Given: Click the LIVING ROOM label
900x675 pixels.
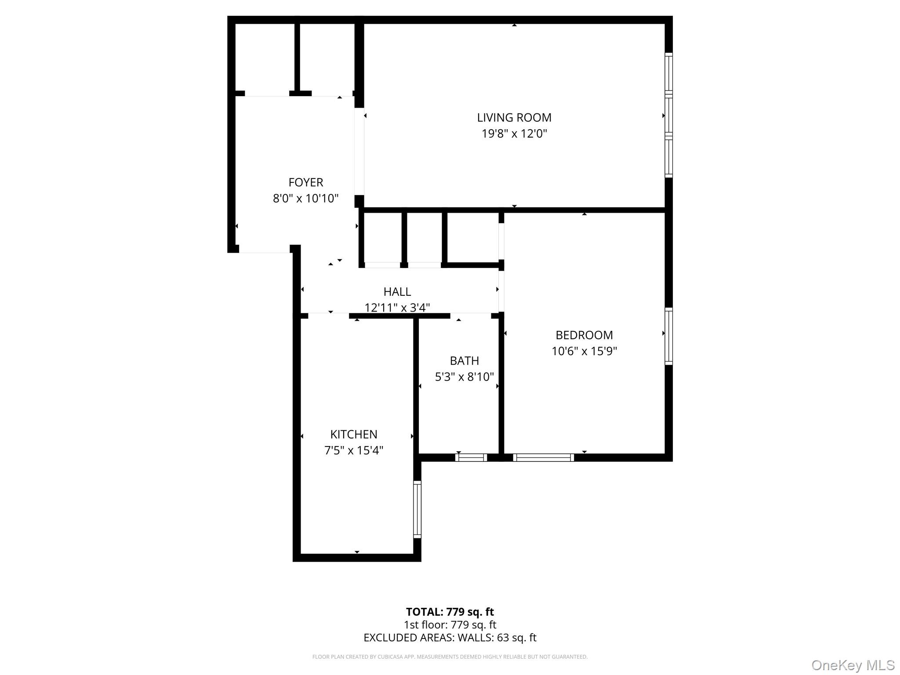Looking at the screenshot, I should (x=514, y=118).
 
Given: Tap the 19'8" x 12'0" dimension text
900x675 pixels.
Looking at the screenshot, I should (x=514, y=134).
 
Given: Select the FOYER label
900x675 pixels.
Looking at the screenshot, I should (x=306, y=182).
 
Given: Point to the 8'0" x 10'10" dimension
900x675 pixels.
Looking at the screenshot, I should (x=306, y=199).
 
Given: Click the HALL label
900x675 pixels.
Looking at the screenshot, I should (x=397, y=292).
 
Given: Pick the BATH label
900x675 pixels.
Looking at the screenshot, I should (x=465, y=361).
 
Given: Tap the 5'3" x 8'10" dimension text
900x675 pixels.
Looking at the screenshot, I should (x=465, y=377).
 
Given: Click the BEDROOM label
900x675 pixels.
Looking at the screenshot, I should (x=584, y=335).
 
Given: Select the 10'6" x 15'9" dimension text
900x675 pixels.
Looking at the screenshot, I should (x=584, y=352).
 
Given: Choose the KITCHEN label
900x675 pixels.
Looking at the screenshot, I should (x=354, y=435).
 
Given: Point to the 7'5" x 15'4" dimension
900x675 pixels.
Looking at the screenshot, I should (x=354, y=451).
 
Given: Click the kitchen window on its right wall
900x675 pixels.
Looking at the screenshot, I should (x=417, y=509).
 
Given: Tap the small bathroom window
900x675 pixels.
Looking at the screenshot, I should (x=471, y=457).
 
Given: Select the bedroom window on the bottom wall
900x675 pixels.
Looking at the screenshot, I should (x=544, y=457).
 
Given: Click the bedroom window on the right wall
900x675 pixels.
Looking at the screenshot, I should (x=668, y=336).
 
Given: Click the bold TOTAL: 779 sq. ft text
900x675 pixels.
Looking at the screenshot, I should (x=450, y=612).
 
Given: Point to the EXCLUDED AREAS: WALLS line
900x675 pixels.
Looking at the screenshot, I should (x=450, y=638).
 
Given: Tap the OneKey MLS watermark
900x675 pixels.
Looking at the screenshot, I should (x=853, y=665).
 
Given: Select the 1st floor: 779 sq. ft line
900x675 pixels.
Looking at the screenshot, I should (x=450, y=625).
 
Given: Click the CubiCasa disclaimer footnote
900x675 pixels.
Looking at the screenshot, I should (x=450, y=657).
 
